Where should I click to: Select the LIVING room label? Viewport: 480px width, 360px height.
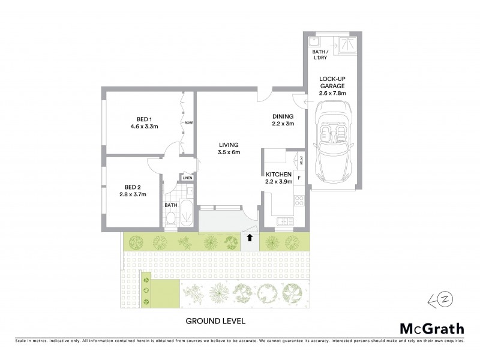click(229, 145)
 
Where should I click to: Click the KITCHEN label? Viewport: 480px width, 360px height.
click(278, 173)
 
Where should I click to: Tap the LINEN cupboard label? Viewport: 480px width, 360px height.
click(188, 178)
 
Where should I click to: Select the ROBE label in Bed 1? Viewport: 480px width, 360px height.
click(188, 122)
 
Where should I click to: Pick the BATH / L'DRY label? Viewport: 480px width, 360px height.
click(320, 56)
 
